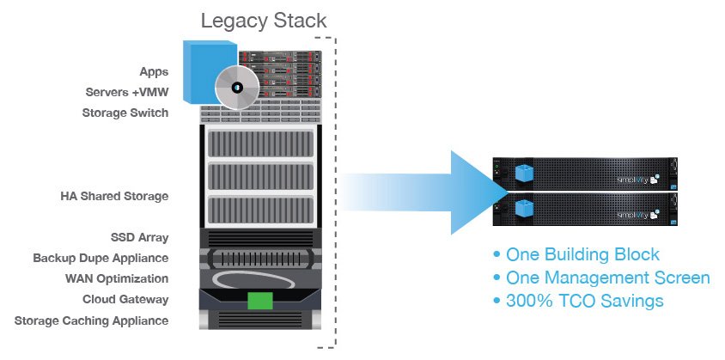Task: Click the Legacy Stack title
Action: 264,20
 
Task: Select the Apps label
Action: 153,71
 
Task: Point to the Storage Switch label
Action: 125,113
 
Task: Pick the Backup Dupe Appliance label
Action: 101,258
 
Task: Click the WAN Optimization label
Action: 117,278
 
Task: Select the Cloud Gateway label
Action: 125,299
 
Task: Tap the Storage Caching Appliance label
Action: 91,320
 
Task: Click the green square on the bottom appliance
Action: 260,302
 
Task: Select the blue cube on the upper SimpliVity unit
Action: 522,172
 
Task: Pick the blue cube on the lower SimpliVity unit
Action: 522,209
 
